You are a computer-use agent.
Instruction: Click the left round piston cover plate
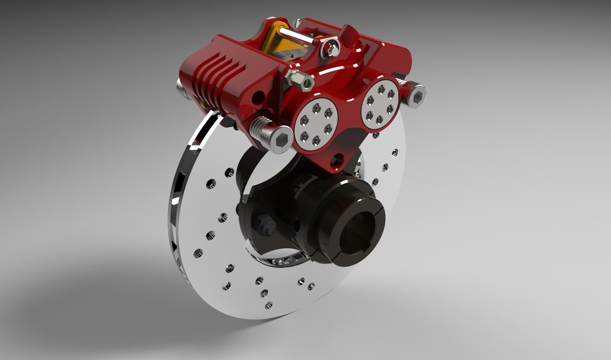pyautogui.click(x=315, y=123)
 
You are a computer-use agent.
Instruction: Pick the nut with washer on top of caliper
pyautogui.click(x=330, y=48)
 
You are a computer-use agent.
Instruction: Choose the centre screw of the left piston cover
pyautogui.click(x=315, y=123)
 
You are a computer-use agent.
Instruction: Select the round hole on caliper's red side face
pyautogui.click(x=258, y=98)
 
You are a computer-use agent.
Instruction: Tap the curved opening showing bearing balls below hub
pyautogui.click(x=280, y=261)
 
